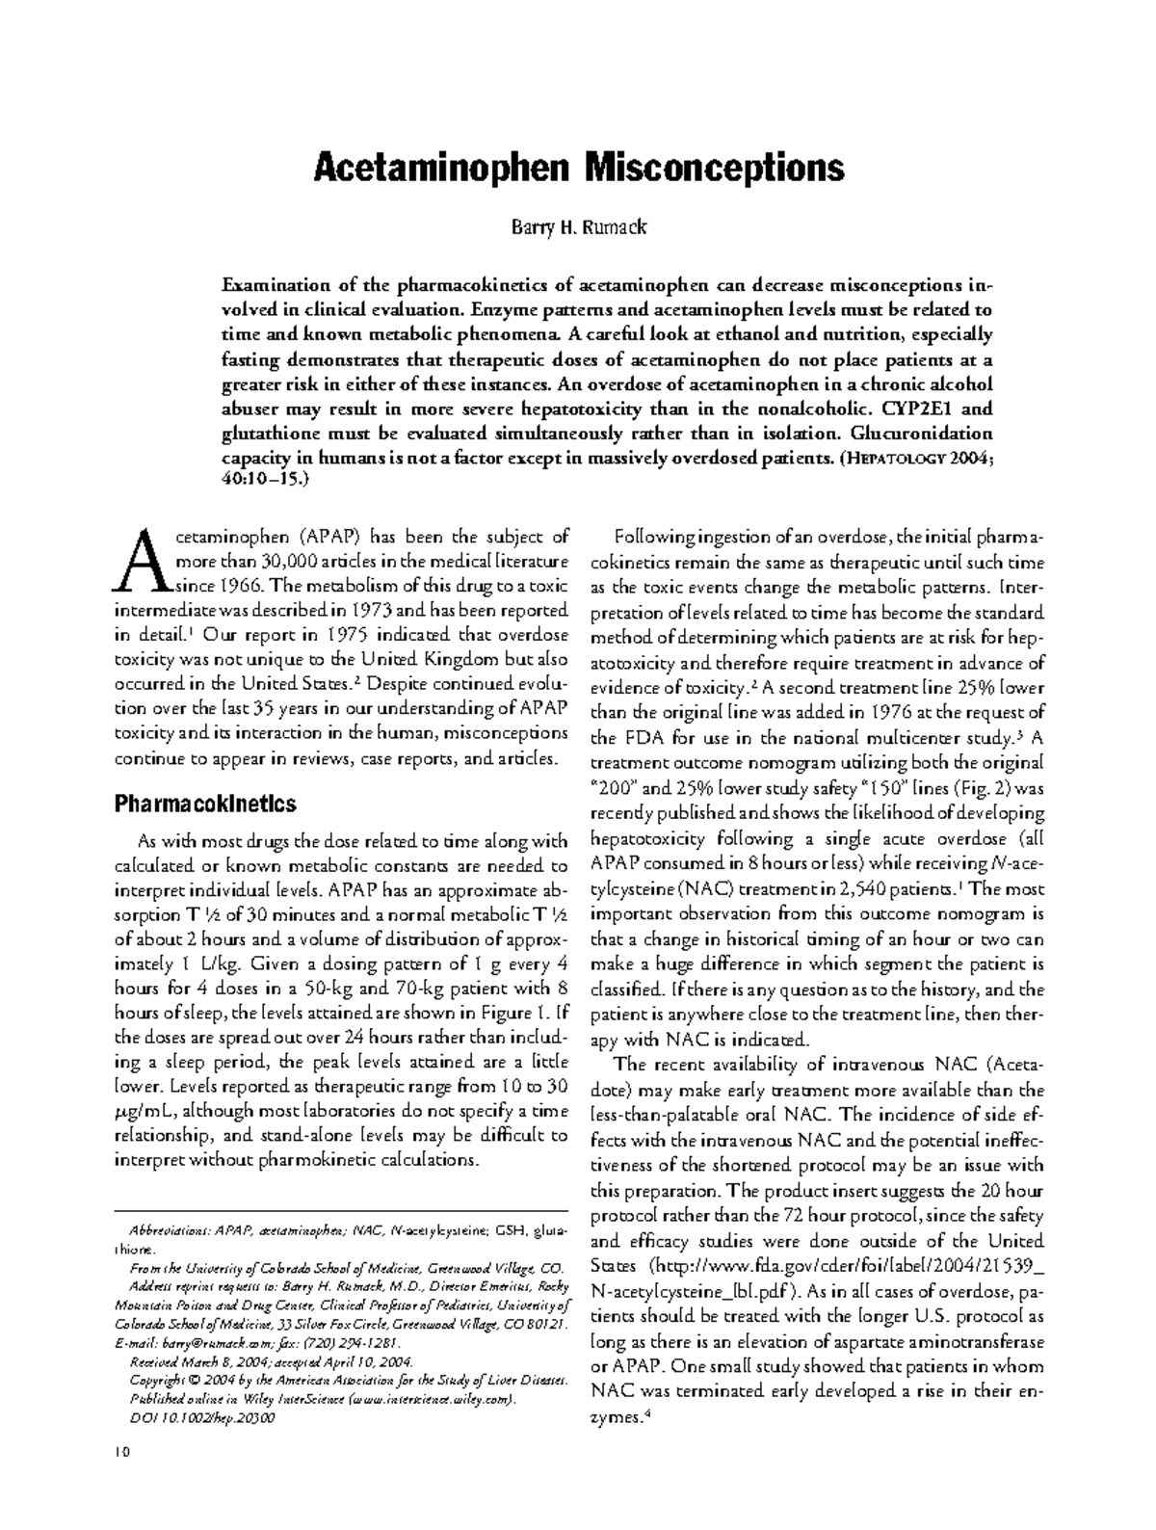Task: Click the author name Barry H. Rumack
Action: coord(578,228)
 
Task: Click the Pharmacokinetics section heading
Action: coord(204,804)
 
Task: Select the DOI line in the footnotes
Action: coord(201,1418)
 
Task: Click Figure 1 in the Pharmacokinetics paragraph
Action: coord(515,1012)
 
